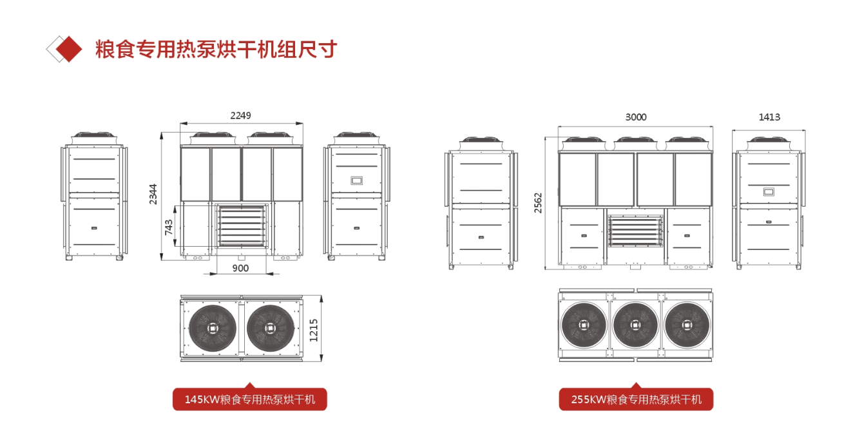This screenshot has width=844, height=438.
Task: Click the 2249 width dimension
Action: [240, 115]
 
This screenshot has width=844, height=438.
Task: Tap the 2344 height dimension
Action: [153, 195]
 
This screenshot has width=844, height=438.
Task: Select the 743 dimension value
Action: [169, 227]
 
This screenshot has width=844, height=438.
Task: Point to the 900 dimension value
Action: [240, 268]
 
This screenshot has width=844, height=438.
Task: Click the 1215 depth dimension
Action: [314, 330]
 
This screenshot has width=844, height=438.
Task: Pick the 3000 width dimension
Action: [636, 117]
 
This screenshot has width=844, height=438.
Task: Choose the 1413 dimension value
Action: [769, 117]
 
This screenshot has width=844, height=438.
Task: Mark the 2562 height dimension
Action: [538, 203]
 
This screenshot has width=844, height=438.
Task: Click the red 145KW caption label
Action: [250, 399]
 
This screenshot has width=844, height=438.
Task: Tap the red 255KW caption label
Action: [636, 399]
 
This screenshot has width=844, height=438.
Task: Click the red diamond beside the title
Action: [68, 49]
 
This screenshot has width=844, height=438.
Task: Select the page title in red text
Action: [216, 50]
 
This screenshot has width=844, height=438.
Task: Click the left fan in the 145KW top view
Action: [213, 328]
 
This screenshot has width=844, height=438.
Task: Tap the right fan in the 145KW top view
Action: [270, 328]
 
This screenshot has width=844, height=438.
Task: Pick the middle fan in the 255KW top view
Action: [635, 325]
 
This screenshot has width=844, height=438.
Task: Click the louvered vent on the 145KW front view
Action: [242, 225]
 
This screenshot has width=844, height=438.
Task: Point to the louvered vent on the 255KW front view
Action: [635, 231]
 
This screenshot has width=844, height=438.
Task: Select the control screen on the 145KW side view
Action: [356, 181]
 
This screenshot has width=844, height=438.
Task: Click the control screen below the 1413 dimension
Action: [769, 192]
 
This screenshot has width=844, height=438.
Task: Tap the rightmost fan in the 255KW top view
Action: [687, 325]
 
